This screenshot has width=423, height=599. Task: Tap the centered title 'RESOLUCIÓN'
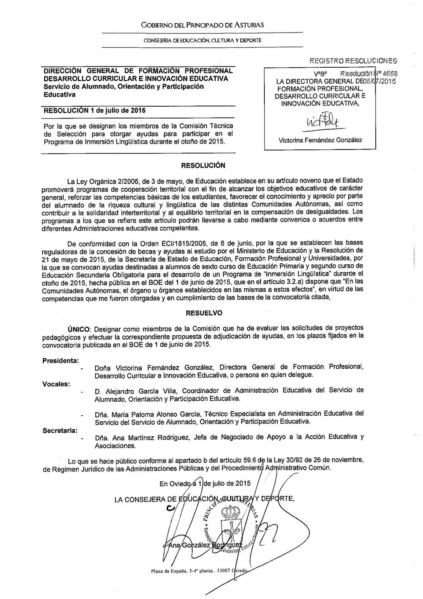pyautogui.click(x=203, y=165)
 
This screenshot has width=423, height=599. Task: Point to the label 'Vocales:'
pyautogui.click(x=56, y=384)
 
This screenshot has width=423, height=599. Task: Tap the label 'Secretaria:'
pyautogui.click(x=60, y=431)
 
